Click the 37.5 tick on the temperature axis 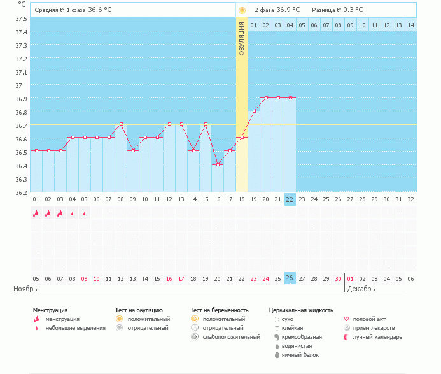point(20,18)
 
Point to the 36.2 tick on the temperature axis point(20,192)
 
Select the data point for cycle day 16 point(218,164)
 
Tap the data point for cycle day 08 point(121,124)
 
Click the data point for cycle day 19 point(254,111)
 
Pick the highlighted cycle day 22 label point(290,199)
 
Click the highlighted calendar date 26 point(290,278)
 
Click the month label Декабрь point(361,289)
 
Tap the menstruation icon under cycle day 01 point(36,214)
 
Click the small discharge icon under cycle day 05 point(84,214)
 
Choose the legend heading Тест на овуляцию point(139,310)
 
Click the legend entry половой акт point(369,319)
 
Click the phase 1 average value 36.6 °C point(104,10)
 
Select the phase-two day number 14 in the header point(410,25)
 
